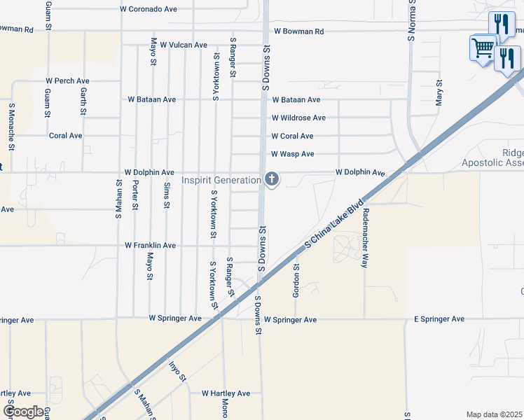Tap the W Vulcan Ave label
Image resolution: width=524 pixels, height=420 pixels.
coord(184,45)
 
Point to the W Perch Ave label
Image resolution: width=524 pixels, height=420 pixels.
coord(69,81)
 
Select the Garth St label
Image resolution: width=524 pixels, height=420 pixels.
coord(83,101)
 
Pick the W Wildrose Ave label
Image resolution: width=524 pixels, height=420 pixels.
coord(298,118)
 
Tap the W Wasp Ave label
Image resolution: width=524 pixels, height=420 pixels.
coord(293,154)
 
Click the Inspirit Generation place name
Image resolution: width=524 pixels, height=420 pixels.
coord(221,180)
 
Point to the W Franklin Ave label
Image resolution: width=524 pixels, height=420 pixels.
coord(151,246)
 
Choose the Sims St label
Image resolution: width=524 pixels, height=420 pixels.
coord(166,195)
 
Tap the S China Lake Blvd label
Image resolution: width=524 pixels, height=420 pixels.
coord(336,225)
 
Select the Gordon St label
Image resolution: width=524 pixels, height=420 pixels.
coord(296,281)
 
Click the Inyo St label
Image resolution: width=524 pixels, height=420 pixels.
coord(178,370)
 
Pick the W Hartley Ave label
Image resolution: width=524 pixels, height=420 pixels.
coord(226,393)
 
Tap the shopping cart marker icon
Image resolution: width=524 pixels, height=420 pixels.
coord(483,48)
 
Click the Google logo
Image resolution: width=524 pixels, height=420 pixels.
coord(23,412)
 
